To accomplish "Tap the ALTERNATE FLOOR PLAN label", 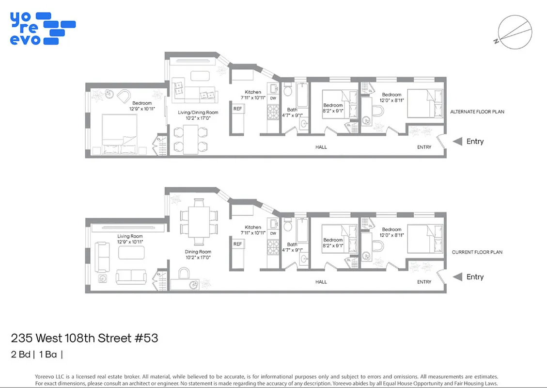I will (x=477, y=112).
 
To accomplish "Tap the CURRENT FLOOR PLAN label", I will (x=477, y=252).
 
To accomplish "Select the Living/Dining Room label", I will (x=198, y=113).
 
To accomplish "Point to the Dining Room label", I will (x=198, y=252).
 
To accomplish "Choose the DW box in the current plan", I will (x=273, y=233).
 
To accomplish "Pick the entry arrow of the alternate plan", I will (x=457, y=142).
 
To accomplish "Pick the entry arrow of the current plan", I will (x=457, y=277).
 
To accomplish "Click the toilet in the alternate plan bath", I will (x=287, y=90).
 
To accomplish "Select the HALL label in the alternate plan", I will (x=321, y=147).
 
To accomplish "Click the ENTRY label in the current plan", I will (x=424, y=282).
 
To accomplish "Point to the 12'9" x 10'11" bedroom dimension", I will (x=142, y=109).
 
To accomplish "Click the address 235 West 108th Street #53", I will (x=84, y=338).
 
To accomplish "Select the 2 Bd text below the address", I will (x=20, y=355).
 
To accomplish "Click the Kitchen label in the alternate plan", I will (x=253, y=92).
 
